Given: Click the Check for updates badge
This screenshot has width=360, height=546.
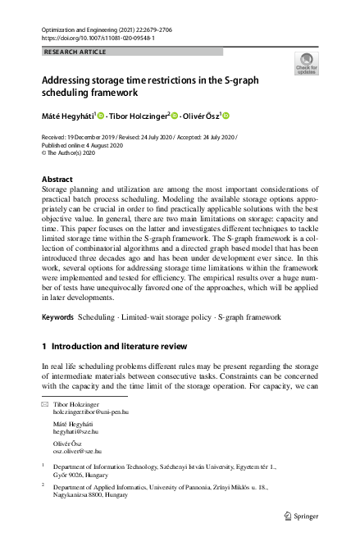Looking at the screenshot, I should coord(305,64).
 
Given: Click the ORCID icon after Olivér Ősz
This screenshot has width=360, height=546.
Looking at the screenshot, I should coord(226,116).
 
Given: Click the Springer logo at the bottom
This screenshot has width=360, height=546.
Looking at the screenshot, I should coord(300,516).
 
